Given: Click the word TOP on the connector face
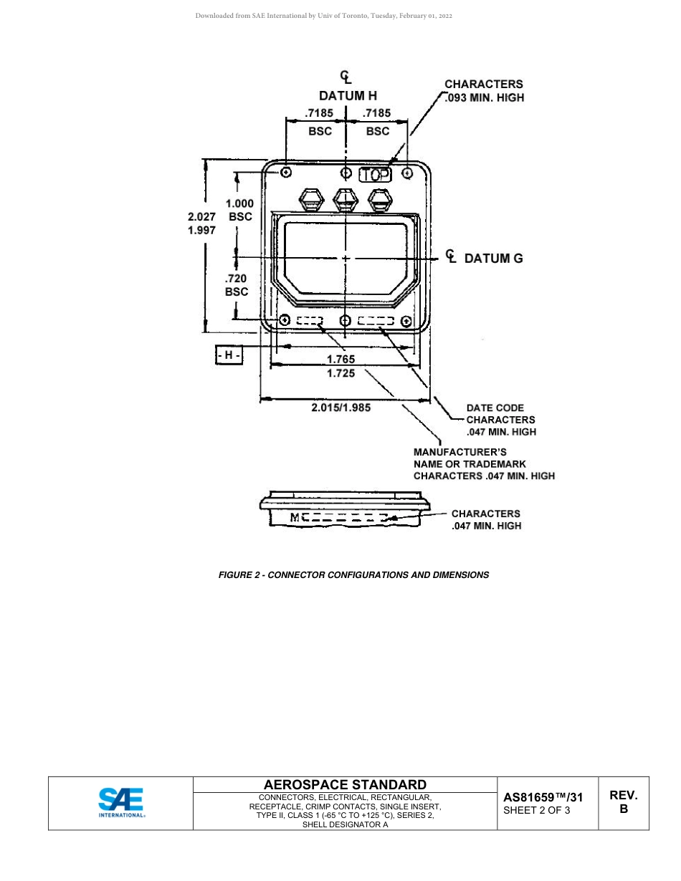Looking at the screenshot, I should click(375, 174).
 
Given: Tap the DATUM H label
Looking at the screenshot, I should click(348, 95).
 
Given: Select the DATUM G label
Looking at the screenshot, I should click(493, 259).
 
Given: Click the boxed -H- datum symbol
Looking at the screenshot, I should click(229, 355).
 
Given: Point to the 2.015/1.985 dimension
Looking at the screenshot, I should click(340, 407).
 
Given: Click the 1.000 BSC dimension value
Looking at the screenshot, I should click(240, 203).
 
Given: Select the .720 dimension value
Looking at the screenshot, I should click(237, 279).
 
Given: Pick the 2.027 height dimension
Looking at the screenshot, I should click(201, 216).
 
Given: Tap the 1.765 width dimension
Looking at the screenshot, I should click(340, 359).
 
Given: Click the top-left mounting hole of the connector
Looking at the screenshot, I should click(287, 173).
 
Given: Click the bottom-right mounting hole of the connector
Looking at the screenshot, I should click(406, 320).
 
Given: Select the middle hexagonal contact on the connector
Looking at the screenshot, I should click(346, 198).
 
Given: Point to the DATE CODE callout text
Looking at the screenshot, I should click(495, 408).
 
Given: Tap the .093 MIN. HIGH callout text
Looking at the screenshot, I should click(485, 97).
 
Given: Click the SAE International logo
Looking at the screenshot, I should click(121, 803).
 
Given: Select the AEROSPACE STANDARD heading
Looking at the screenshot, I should click(346, 785).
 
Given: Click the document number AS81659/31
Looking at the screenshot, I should click(543, 796).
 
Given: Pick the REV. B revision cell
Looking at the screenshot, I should click(623, 801).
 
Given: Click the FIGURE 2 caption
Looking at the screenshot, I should click(353, 574).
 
